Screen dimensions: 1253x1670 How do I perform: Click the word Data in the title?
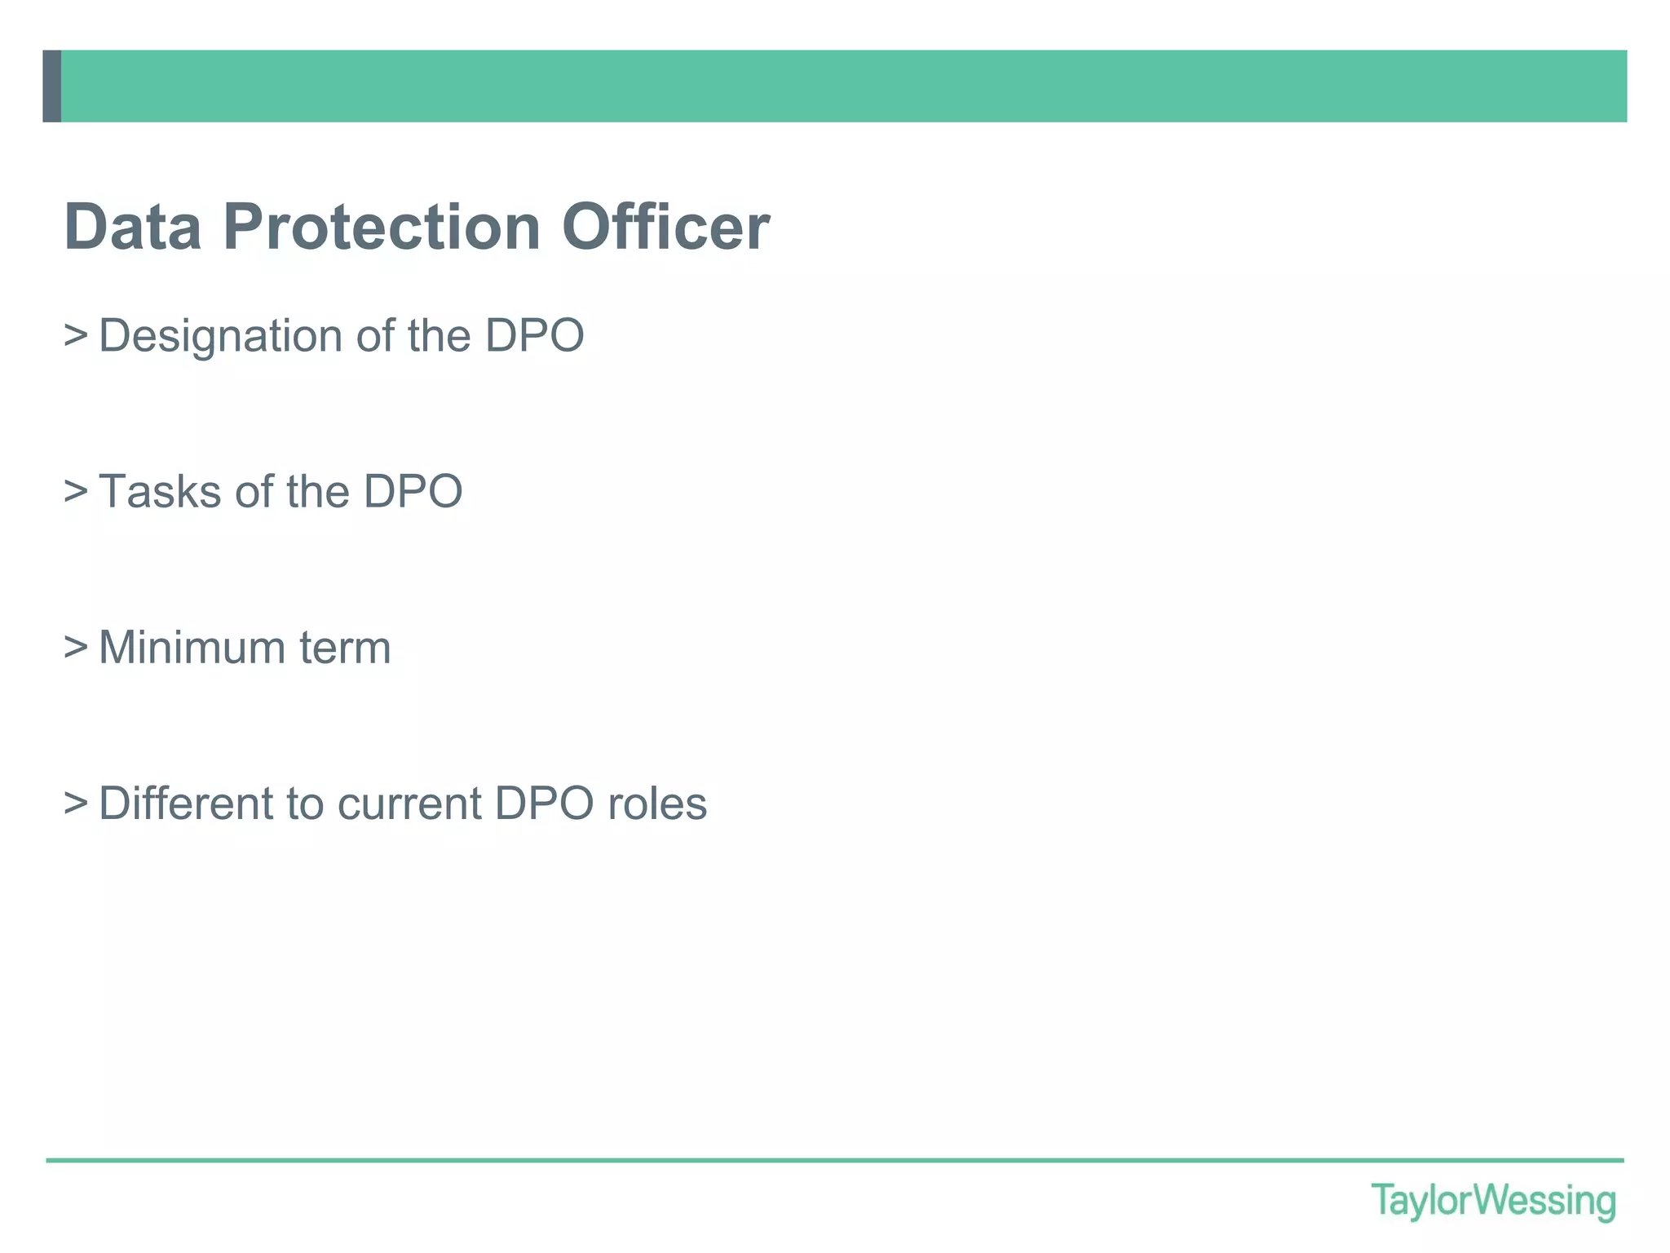(133, 227)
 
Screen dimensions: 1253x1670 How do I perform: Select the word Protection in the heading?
(382, 227)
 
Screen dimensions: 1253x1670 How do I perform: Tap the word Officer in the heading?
(665, 227)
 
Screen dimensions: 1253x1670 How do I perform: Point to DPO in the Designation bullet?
(534, 335)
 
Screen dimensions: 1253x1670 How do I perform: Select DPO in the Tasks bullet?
(413, 492)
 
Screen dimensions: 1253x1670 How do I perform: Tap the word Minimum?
(191, 648)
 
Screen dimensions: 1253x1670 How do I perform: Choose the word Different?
(186, 804)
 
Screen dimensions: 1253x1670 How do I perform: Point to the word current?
(409, 804)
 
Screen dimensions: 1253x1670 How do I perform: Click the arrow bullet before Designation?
(76, 335)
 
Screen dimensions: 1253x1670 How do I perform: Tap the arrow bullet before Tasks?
(76, 491)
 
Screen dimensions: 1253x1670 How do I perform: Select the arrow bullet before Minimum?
(76, 647)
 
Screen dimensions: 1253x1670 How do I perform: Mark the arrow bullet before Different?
(76, 803)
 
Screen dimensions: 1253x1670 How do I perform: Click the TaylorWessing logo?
(1493, 1201)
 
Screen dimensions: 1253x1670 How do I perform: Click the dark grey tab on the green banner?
(52, 86)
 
